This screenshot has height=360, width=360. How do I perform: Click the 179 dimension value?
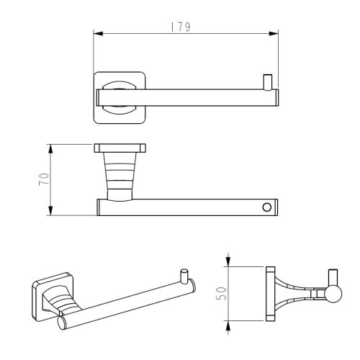(181, 27)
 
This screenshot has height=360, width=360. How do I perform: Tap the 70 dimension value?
(44, 179)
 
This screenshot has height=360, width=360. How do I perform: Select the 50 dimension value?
(221, 294)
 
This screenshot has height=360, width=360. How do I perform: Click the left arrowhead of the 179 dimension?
(98, 33)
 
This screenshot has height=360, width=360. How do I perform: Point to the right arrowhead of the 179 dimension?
(274, 33)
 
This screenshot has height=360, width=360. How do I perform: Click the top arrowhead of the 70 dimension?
(50, 149)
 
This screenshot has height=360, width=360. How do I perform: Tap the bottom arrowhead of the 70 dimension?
(50, 211)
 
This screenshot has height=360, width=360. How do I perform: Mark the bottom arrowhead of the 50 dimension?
(228, 325)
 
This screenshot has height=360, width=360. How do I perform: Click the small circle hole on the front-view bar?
(267, 207)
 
